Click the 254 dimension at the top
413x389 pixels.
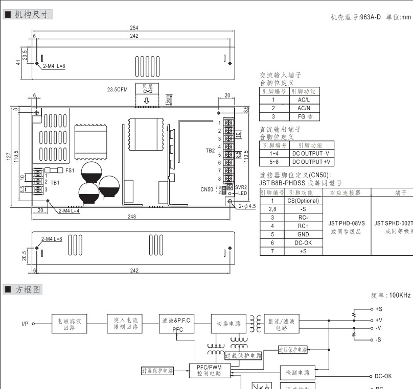[134, 28]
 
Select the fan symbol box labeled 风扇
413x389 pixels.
[147, 89]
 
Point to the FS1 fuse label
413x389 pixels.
[70, 170]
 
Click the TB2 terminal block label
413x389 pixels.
[210, 151]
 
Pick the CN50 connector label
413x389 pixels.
[206, 189]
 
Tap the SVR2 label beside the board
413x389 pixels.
[241, 187]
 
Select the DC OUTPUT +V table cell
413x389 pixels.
[311, 162]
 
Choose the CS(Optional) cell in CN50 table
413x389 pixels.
[303, 201]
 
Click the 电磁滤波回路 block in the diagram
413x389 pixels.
[69, 324]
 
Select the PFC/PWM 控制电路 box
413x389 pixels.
[209, 370]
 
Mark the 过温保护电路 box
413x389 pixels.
[157, 371]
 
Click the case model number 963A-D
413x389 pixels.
[371, 17]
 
